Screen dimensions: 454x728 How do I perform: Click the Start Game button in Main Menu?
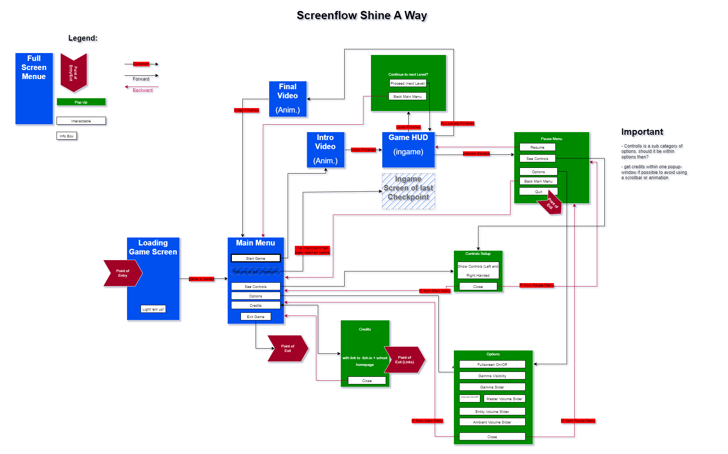pos(255,258)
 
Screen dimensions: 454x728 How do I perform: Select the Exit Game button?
pos(255,317)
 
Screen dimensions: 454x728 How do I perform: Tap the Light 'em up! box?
pos(153,309)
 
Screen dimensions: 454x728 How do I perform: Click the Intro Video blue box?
pos(325,149)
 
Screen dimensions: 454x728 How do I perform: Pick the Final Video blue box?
pos(287,99)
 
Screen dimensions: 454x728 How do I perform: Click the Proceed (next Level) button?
pos(408,83)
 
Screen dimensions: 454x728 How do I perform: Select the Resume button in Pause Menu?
pos(537,147)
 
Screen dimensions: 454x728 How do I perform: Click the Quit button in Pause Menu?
pos(538,192)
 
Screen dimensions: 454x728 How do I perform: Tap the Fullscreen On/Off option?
pos(492,364)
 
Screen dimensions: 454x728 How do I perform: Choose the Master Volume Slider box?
pos(504,399)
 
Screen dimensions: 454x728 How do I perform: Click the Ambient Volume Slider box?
pos(492,422)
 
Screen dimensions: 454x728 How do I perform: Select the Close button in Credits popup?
pos(366,381)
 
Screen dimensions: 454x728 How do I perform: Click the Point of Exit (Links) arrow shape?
pos(404,360)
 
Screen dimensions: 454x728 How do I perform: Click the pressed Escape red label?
pos(476,154)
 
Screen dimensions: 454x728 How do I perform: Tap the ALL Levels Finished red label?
pos(457,123)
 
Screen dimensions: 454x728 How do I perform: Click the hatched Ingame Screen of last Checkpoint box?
pos(408,191)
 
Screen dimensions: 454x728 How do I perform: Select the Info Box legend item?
pos(66,136)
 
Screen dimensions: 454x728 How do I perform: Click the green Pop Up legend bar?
pos(81,102)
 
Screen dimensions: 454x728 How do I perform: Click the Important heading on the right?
pos(642,132)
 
